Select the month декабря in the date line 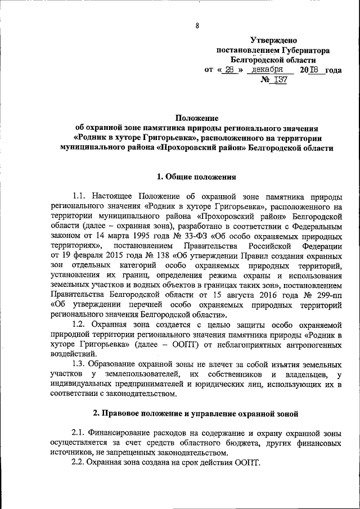[x=267, y=70]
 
